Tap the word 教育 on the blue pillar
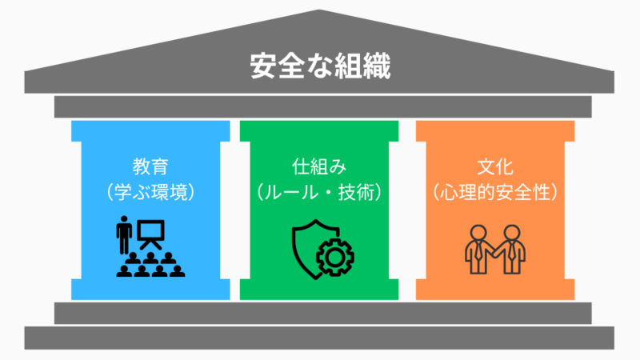(151, 168)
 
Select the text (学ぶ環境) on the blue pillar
(151, 193)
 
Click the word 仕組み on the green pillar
(318, 168)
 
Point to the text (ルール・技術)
(318, 193)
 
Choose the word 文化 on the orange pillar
(495, 168)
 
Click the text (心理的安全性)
(495, 193)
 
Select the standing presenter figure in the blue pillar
(124, 234)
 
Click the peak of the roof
(320, 12)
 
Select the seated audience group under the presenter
(150, 264)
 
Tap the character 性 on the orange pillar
(543, 193)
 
